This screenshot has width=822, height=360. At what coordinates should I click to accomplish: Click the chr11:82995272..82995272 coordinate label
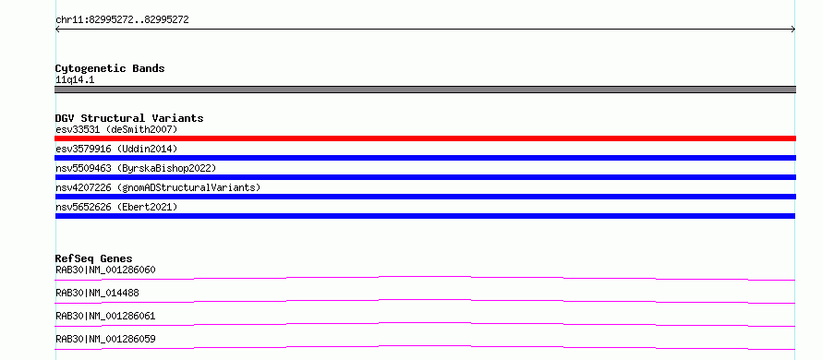pos(122,20)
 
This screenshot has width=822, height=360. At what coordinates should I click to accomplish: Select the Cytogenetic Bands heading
pos(110,68)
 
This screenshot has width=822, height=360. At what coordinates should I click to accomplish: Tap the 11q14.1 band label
pos(75,80)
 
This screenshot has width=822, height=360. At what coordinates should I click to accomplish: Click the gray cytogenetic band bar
pos(425,90)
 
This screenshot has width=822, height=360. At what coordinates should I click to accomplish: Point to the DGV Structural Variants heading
pos(129,118)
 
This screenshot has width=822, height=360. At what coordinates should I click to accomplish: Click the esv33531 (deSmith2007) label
pos(116,129)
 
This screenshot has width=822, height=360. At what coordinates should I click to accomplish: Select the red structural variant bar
pos(425,138)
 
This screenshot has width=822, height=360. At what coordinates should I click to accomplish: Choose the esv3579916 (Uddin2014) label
pos(116,149)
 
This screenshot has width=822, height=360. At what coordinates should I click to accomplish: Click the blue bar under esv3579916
pos(425,158)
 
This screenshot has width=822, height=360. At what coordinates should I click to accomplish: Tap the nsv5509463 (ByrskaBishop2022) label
pos(136,168)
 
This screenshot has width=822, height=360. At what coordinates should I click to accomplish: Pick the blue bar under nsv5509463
pos(425,177)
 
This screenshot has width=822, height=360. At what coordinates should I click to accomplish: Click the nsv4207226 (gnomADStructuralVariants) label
pos(158,187)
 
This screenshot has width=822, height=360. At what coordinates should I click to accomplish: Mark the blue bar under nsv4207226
pos(425,197)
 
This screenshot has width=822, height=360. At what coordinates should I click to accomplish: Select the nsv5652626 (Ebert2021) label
pos(116,207)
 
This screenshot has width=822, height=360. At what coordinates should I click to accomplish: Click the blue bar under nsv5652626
pos(425,216)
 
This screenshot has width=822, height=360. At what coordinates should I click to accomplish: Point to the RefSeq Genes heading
pos(93,258)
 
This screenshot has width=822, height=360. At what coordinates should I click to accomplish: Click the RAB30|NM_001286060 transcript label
pos(105,270)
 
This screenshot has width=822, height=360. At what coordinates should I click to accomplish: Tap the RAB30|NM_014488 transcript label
pos(97,293)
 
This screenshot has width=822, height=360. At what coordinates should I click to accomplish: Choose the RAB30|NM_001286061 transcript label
pos(105,316)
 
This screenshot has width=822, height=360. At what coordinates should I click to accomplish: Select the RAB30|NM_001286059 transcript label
pos(105,339)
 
